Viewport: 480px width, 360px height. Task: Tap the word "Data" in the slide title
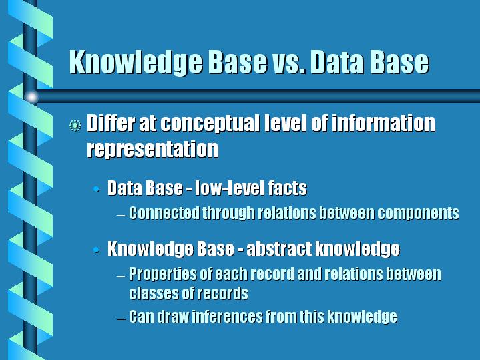click(x=336, y=62)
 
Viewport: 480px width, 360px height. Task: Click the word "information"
click(x=383, y=123)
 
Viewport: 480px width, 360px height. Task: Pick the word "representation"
click(x=152, y=149)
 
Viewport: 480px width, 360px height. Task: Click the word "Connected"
click(x=164, y=213)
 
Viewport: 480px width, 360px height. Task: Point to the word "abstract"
click(x=279, y=248)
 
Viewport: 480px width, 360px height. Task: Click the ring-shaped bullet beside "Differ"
click(x=75, y=126)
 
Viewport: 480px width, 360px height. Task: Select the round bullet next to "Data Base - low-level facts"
click(x=96, y=189)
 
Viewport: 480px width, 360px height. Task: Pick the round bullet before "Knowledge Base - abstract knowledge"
click(x=96, y=250)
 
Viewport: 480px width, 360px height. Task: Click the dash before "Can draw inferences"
click(x=122, y=318)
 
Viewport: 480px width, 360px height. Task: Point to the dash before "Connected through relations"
click(x=122, y=215)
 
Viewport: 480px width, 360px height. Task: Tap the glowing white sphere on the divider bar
click(x=31, y=97)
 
